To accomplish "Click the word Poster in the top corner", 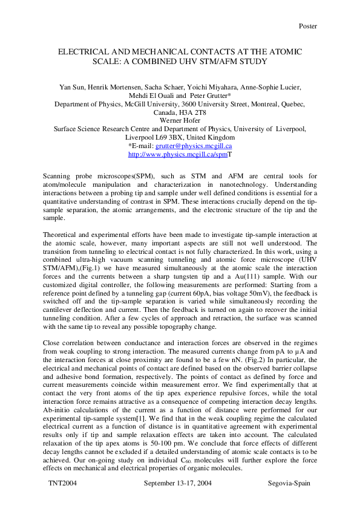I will (307, 26).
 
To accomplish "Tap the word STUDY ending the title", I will (249, 61).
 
